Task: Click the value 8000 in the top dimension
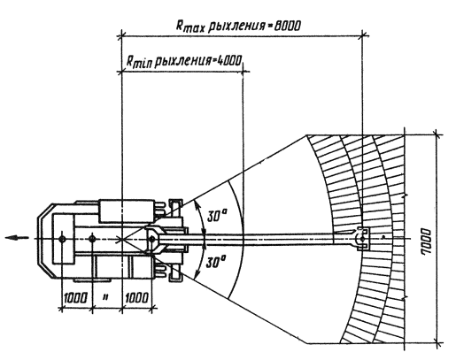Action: click(x=288, y=27)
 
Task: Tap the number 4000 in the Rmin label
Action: click(x=229, y=60)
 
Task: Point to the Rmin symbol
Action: click(x=139, y=61)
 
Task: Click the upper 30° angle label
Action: click(x=217, y=216)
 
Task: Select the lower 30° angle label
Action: click(x=216, y=262)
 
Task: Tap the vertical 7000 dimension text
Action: click(x=426, y=241)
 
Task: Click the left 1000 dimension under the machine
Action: click(x=76, y=298)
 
